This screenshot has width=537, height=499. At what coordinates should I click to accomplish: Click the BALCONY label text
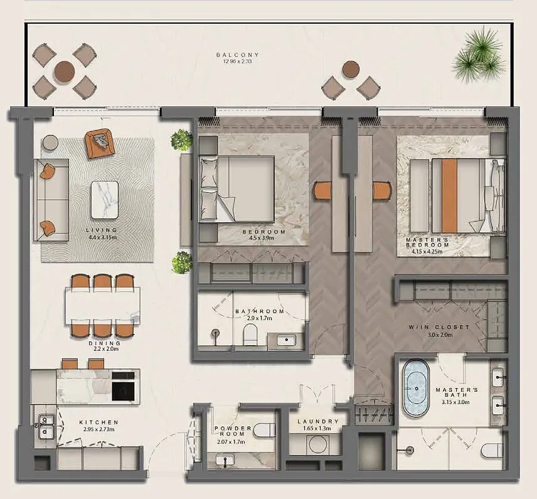(238, 55)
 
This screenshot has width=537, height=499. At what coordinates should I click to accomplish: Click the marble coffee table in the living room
(105, 200)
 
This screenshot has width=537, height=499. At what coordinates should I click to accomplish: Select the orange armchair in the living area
(98, 143)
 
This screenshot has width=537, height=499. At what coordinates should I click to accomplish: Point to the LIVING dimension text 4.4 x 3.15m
(103, 237)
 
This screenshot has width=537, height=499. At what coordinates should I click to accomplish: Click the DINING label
(105, 343)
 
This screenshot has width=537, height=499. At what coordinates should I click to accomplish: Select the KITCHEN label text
(98, 422)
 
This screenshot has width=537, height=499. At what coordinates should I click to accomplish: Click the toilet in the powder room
(265, 430)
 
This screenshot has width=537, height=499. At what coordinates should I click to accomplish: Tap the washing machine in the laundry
(319, 445)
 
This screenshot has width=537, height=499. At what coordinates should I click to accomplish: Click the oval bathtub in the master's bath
(416, 388)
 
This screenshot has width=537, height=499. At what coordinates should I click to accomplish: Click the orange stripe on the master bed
(450, 196)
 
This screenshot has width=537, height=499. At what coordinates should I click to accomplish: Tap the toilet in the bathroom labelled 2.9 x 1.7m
(250, 335)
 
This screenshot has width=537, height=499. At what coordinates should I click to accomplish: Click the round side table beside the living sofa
(50, 142)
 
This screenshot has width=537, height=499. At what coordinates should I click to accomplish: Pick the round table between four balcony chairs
(65, 72)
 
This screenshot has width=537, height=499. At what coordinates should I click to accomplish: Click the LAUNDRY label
(318, 422)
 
